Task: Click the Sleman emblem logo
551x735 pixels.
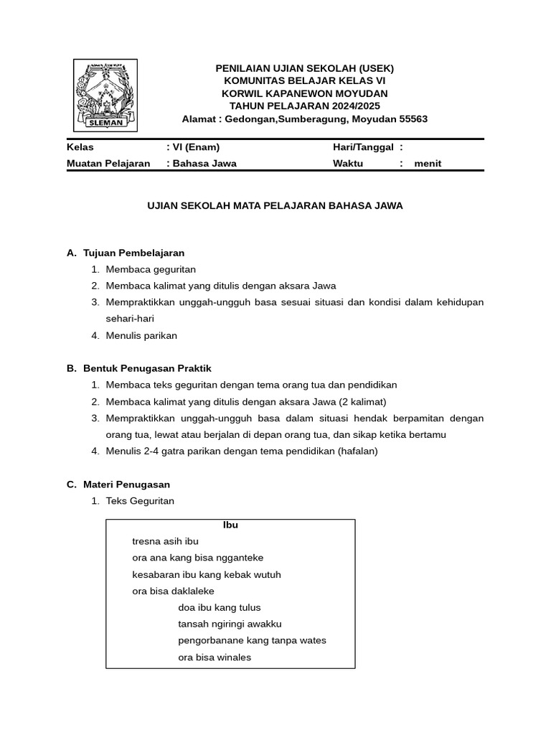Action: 105,95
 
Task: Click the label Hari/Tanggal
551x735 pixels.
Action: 363,147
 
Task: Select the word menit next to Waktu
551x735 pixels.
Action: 428,163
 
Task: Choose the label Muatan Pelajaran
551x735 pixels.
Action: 108,163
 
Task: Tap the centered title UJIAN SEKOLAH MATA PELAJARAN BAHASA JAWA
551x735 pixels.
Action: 275,206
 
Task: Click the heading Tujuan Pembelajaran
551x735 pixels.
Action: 133,253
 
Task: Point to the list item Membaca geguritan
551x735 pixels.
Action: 151,269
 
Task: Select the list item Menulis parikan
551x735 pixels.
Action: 141,335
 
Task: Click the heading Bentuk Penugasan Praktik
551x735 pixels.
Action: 147,368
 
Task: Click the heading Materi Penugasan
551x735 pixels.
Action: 126,484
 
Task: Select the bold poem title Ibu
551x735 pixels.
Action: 230,525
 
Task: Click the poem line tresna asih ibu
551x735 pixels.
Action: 165,541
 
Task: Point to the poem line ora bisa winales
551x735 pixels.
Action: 215,657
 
